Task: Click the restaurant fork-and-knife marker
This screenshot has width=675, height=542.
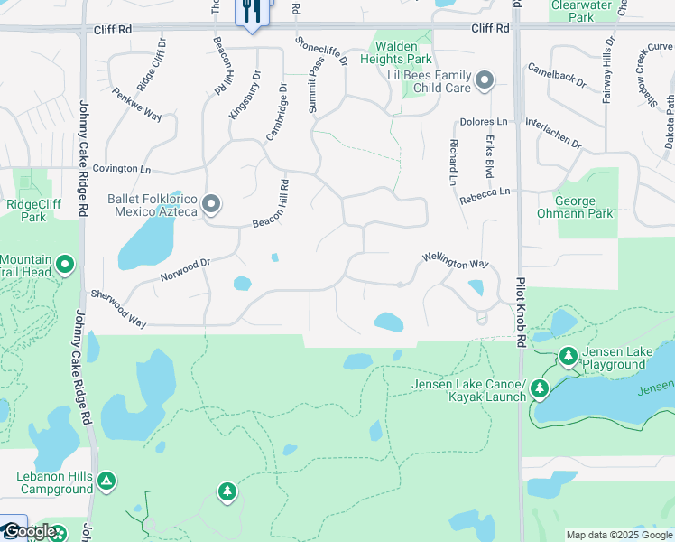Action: [x=250, y=12]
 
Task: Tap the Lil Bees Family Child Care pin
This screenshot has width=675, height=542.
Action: [x=485, y=81]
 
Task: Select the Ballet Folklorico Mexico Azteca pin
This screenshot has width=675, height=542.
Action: [x=211, y=205]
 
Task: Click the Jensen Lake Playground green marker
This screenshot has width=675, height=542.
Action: [x=568, y=358]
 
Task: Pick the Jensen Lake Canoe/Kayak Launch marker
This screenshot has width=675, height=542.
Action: [x=540, y=388]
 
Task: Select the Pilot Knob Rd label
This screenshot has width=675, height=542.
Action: [x=520, y=310]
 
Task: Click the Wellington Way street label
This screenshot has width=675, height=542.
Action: [x=456, y=264]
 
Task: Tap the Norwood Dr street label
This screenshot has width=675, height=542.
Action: [x=184, y=268]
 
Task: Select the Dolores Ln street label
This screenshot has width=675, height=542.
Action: [x=484, y=121]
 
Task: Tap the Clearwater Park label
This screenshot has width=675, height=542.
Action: [x=576, y=11]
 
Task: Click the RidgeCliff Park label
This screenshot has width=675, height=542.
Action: [x=33, y=210]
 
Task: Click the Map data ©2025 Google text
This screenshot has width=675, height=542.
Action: [x=618, y=535]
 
